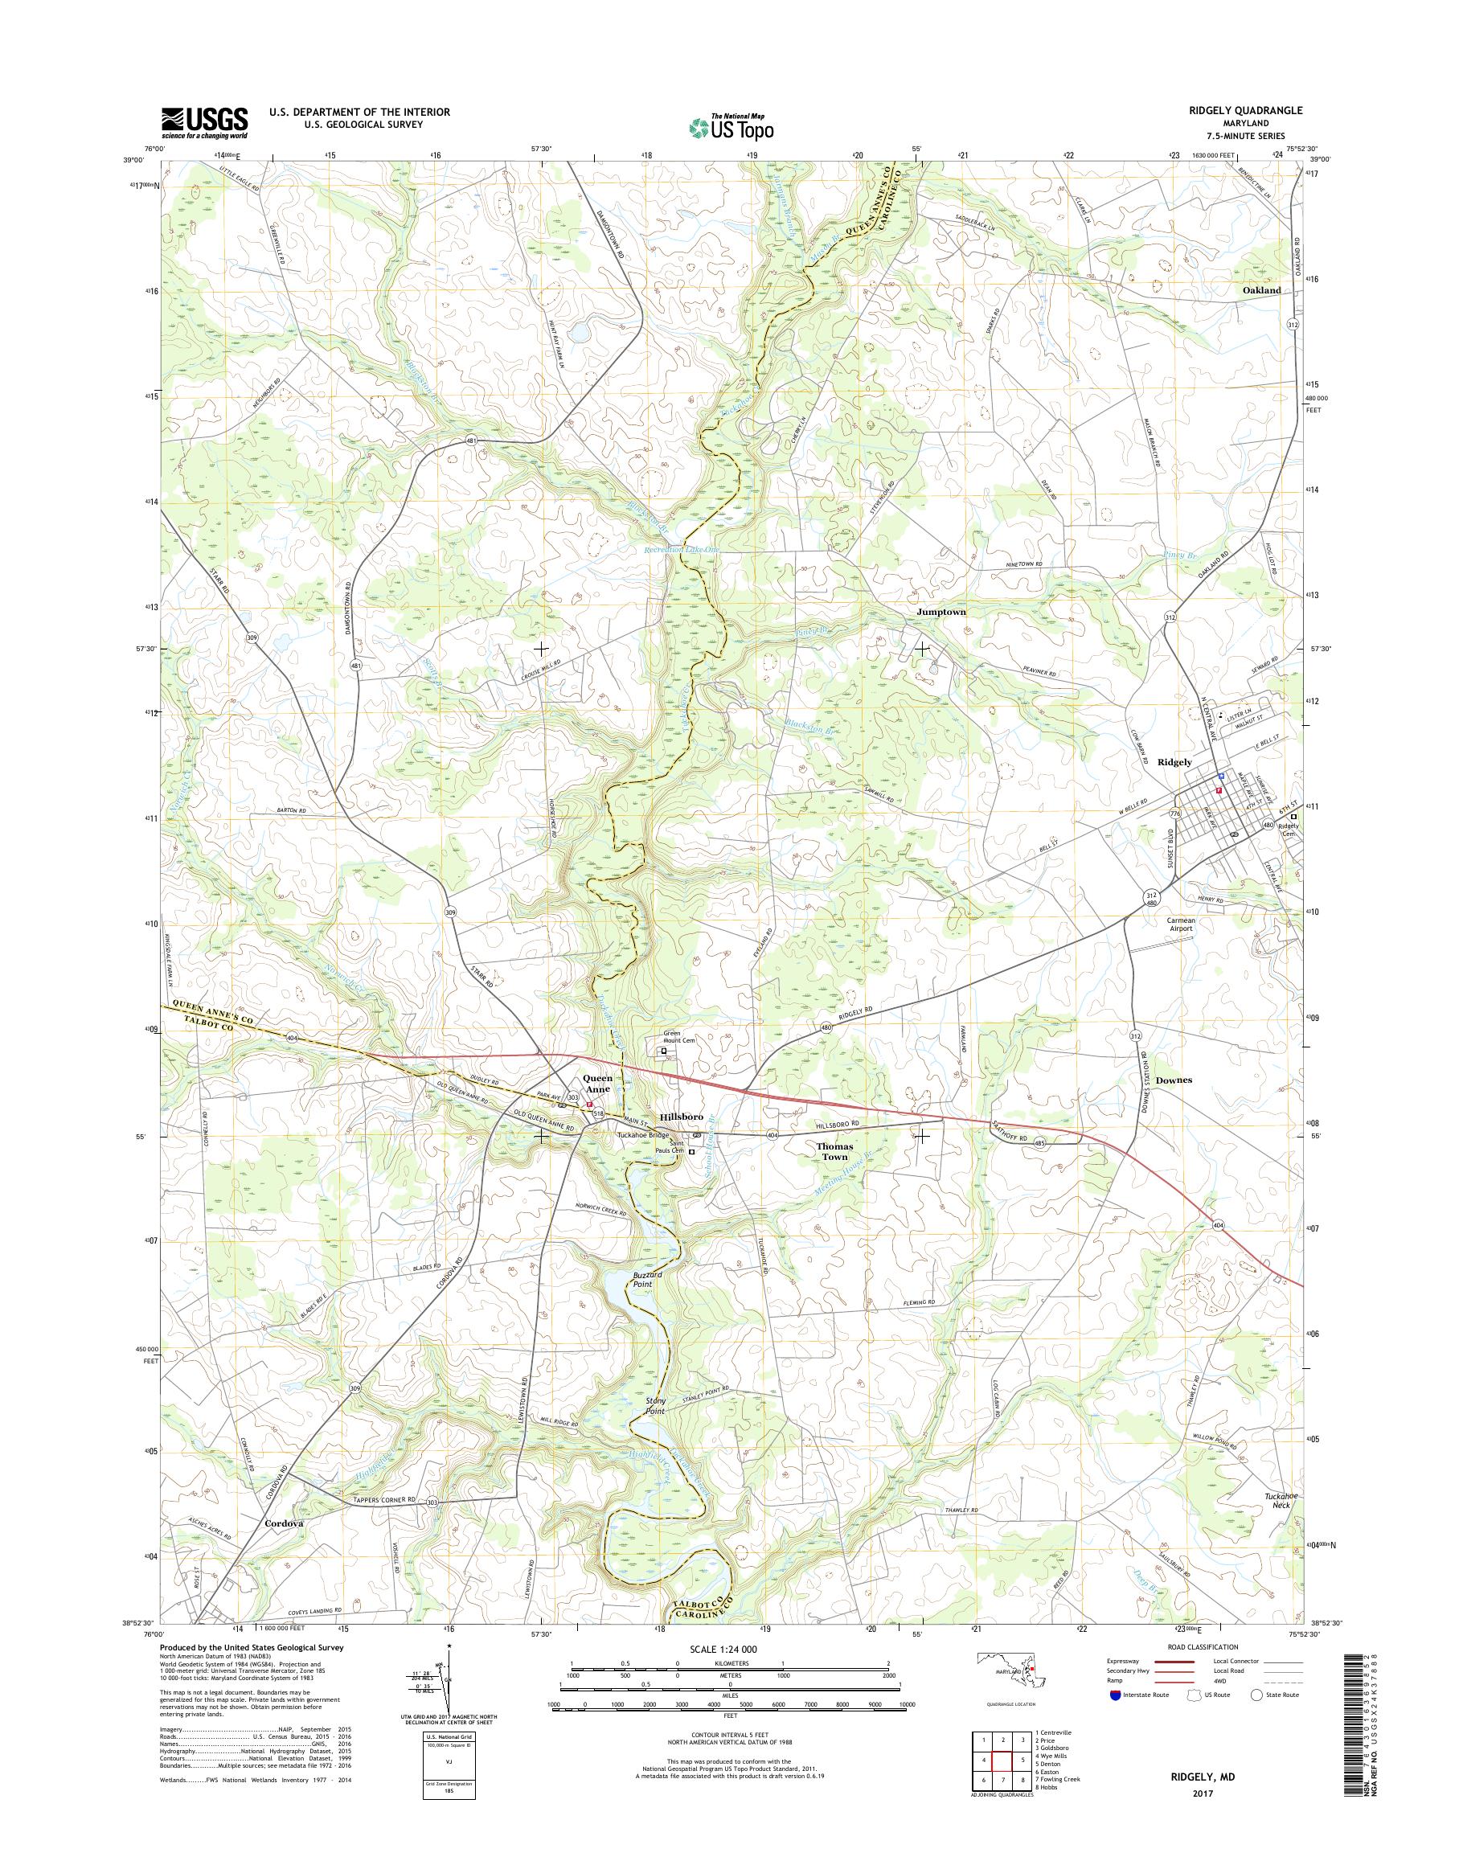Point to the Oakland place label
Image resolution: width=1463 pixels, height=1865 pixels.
tap(1262, 290)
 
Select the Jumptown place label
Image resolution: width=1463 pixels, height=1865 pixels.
tap(940, 613)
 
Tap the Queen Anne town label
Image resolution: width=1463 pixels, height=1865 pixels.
tap(596, 1083)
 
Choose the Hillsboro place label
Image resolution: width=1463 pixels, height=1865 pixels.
tap(682, 1117)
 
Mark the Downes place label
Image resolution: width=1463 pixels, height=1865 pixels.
tap(1174, 1080)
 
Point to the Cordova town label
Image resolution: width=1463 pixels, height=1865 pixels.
tap(285, 1524)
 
